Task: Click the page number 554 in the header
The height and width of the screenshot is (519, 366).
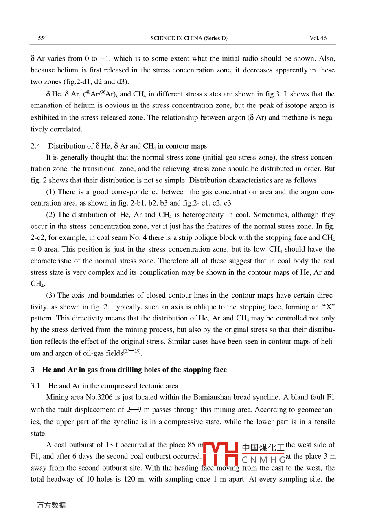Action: pos(42,38)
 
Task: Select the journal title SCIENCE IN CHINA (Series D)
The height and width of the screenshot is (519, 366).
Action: pos(189,38)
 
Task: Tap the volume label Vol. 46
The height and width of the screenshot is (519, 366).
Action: pos(318,38)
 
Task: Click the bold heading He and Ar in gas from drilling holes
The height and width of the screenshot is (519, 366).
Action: pos(134,370)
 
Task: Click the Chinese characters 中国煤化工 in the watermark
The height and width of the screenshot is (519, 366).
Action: pos(263,448)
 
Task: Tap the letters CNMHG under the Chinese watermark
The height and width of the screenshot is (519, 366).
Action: pos(263,460)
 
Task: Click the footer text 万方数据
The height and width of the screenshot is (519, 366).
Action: pos(51,505)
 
